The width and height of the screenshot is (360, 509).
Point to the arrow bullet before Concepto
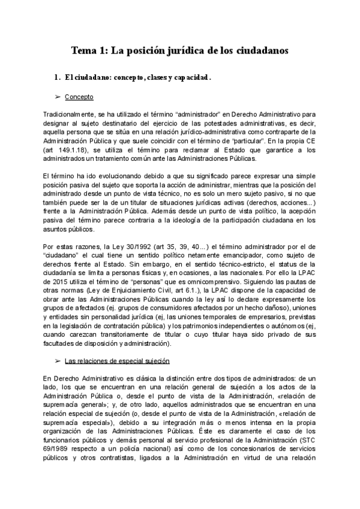(58, 97)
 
